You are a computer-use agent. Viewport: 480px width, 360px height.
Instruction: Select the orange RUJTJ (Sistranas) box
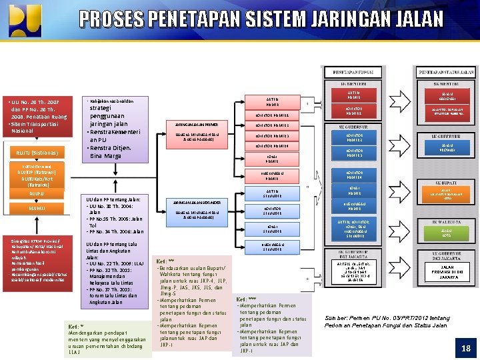(38, 153)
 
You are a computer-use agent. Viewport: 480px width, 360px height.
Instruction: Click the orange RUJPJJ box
(38, 195)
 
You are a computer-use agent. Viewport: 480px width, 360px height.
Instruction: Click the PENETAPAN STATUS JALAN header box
(445, 72)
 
